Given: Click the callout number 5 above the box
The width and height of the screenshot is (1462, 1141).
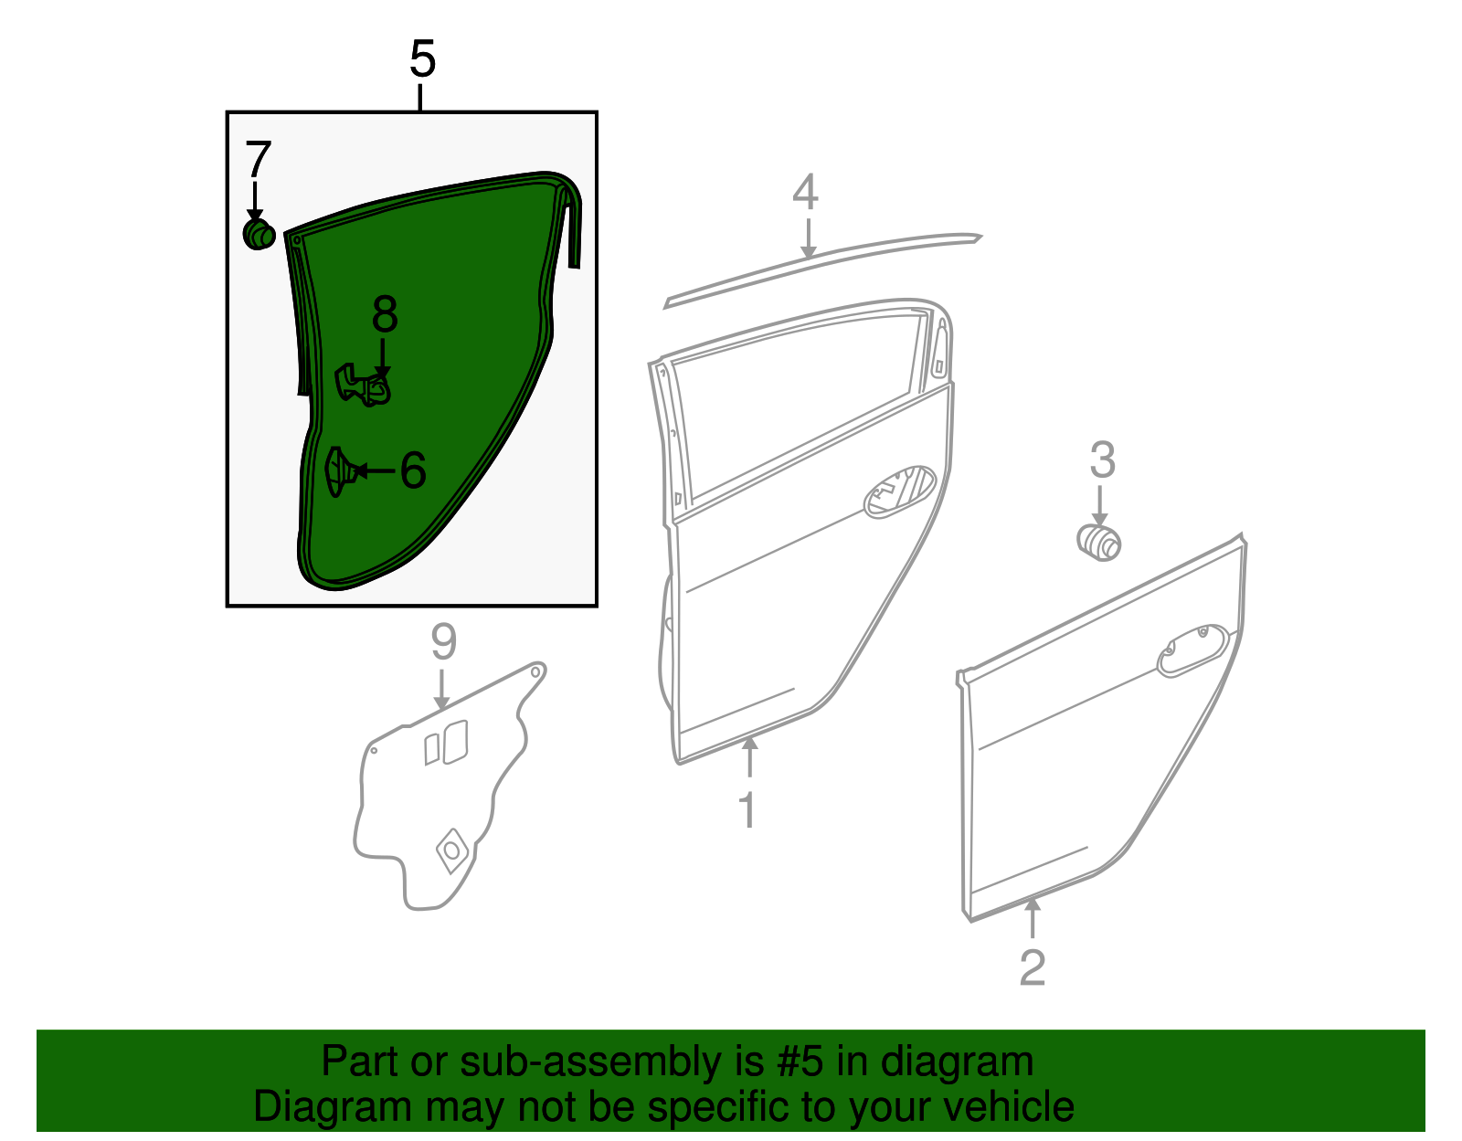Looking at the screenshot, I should pos(421,59).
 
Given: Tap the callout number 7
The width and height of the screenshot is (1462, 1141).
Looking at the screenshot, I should pos(258,160).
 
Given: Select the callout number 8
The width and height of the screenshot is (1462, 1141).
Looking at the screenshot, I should pos(385,315).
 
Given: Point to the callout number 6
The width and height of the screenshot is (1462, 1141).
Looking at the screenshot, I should pos(413,471).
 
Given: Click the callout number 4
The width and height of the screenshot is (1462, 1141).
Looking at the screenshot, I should pos(805,193).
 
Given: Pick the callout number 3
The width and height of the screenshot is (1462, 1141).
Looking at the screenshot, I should pos(1102,460).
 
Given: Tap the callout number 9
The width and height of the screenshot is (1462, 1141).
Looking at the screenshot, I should pos(443,643).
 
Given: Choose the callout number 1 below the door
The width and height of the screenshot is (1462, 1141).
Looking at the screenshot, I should pos(748,810).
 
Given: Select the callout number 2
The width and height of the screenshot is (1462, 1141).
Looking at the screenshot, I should pos(1032,968).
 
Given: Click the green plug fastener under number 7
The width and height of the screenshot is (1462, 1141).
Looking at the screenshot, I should pos(259,234).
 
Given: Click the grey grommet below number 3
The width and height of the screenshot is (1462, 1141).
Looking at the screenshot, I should pos(1099,541).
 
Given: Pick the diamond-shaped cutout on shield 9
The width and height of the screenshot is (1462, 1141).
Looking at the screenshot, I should pos(452,850).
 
